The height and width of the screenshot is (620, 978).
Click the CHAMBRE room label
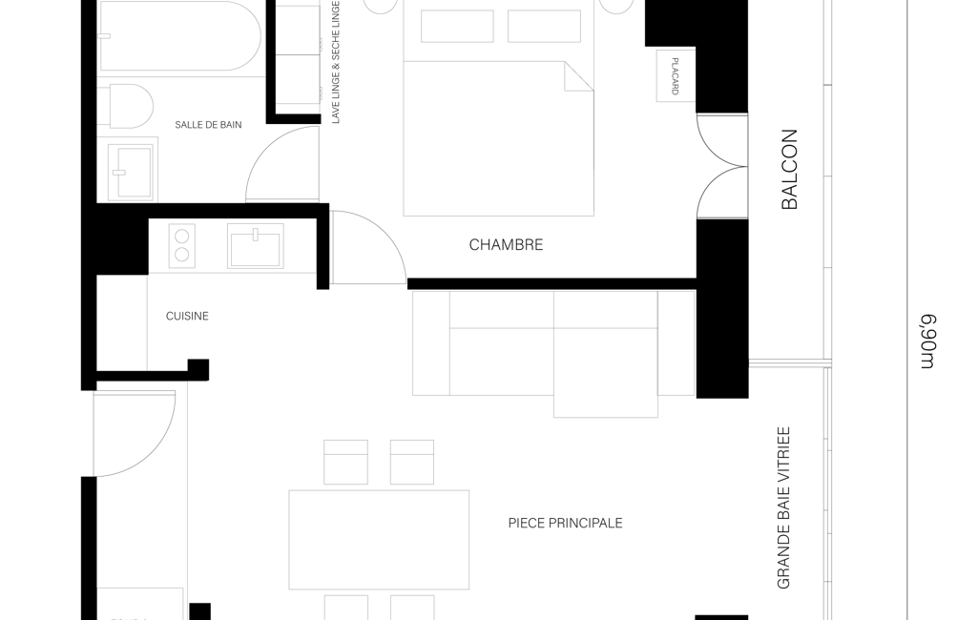[x=506, y=244]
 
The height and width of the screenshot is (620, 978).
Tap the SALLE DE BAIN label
[x=208, y=125]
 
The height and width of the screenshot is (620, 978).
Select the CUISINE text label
[x=187, y=317]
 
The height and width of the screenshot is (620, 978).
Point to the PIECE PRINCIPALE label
[x=565, y=524]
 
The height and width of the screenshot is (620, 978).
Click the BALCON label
[x=789, y=169]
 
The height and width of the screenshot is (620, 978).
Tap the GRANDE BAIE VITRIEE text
[x=783, y=507]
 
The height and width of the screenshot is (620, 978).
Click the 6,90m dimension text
[x=928, y=341]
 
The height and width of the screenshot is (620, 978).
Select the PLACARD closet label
[x=675, y=76]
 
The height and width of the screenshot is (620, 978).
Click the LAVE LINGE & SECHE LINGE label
[x=336, y=62]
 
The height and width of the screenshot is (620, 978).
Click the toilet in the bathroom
[x=132, y=106]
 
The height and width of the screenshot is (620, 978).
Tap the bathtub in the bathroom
[x=179, y=35]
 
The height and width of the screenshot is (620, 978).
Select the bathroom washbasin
[x=130, y=172]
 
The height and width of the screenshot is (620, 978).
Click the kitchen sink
[x=255, y=246]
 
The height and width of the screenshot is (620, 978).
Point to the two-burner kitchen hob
[x=181, y=246]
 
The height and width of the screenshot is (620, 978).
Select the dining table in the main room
[x=379, y=540]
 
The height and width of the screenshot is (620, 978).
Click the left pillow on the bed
[x=457, y=26]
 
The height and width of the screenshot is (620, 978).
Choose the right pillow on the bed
[x=544, y=26]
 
